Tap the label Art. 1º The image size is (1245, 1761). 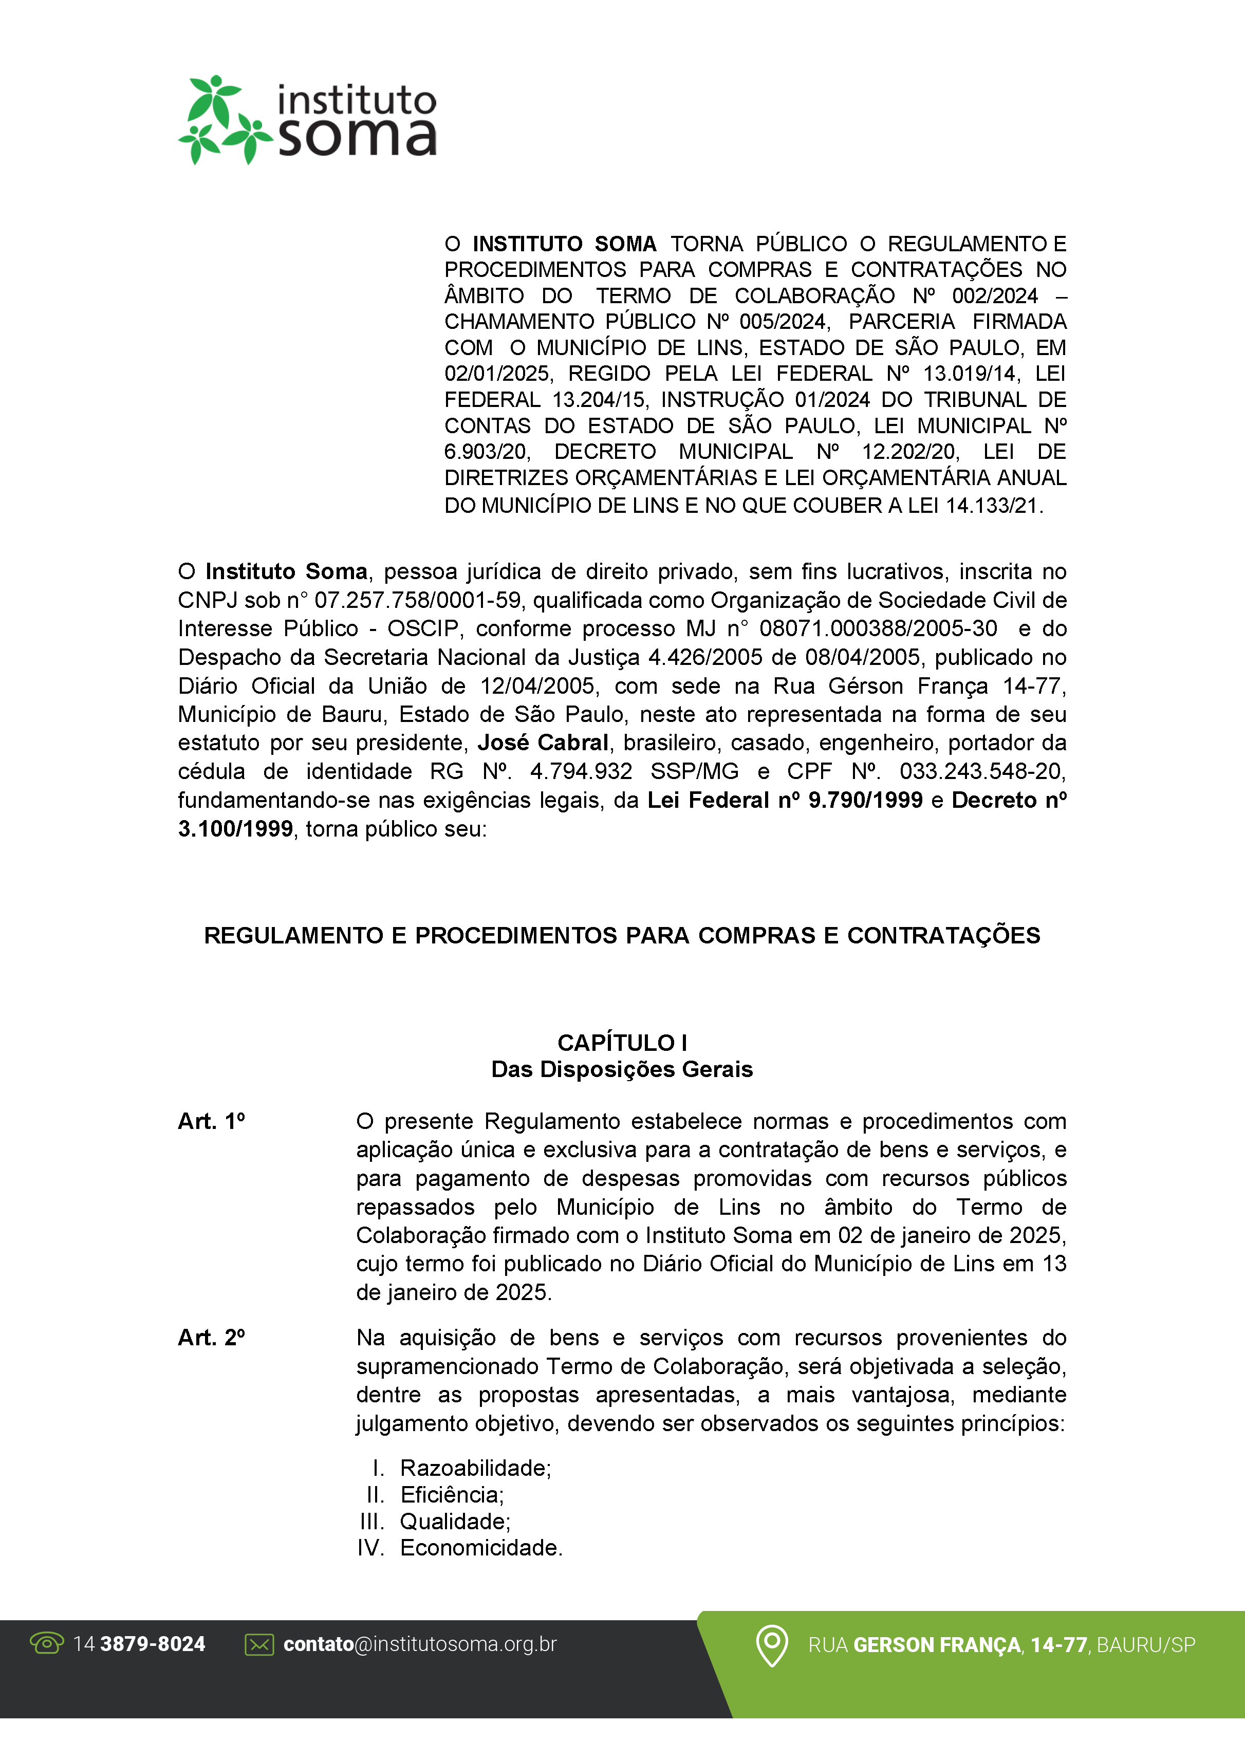[x=212, y=1121]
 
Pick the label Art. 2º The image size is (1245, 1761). [x=212, y=1338]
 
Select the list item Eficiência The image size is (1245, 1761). [x=452, y=1495]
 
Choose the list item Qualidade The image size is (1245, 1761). [x=455, y=1521]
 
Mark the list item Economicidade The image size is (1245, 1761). [x=481, y=1548]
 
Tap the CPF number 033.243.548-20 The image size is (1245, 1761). [x=982, y=771]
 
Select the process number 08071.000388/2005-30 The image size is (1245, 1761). [x=878, y=628]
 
